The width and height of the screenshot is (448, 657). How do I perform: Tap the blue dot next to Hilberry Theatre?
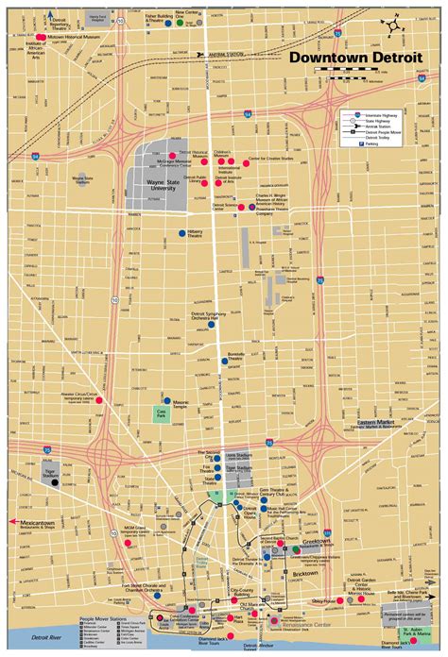181,232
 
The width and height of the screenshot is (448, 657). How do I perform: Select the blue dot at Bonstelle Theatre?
225,360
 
